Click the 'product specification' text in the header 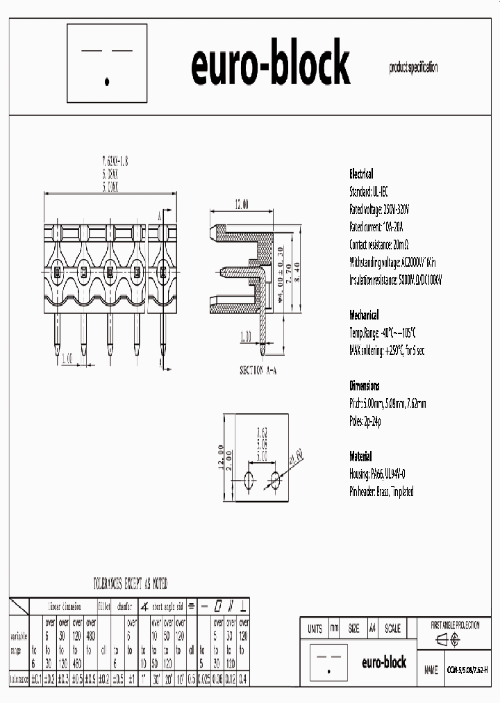[413, 67]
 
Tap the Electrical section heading [360, 174]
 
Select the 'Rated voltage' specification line [379, 209]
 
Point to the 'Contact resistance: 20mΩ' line [378, 245]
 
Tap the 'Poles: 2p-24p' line [365, 421]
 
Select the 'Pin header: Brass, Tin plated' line [381, 491]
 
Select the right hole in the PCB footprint [276, 479]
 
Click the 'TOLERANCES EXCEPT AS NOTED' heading [131, 584]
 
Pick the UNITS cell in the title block [314, 629]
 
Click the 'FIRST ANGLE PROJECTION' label [455, 625]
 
